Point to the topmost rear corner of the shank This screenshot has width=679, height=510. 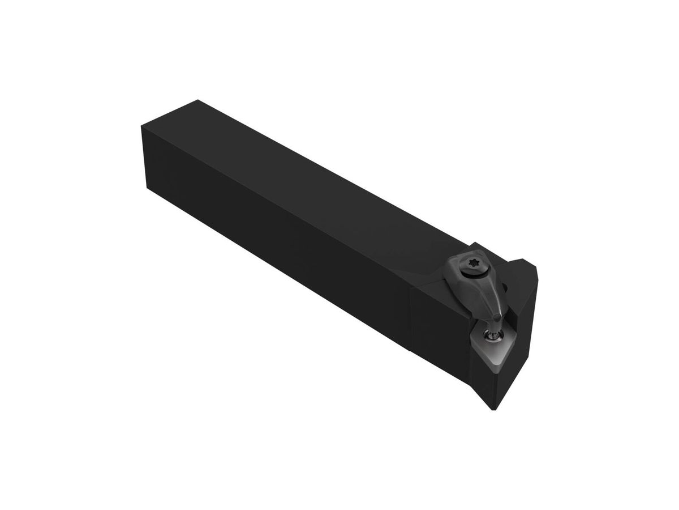(196, 100)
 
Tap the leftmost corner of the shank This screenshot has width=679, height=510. (139, 126)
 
